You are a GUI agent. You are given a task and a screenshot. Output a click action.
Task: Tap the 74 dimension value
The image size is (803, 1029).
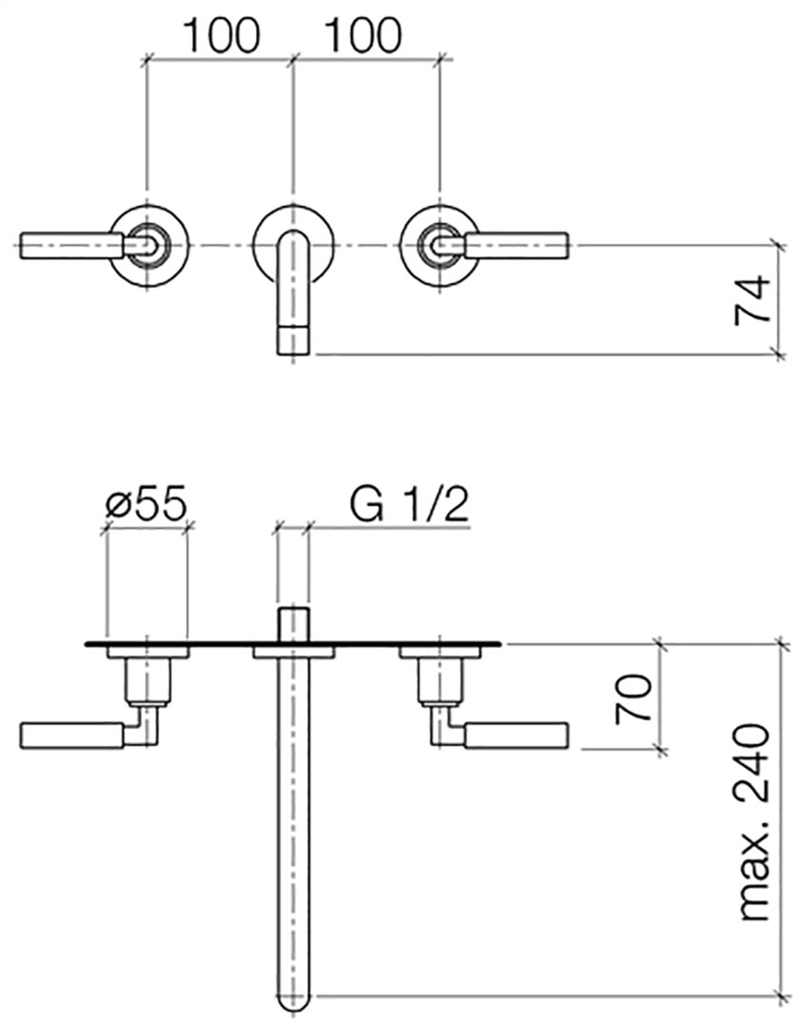coord(751,298)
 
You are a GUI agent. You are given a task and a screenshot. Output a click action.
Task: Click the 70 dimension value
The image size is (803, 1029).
coord(633,696)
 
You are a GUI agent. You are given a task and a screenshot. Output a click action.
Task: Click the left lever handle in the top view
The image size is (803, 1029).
coord(72,245)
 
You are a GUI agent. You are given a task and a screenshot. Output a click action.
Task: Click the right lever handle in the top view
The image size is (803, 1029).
coord(515,245)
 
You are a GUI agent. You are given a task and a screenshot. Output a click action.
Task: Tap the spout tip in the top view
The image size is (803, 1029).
coord(293,339)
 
